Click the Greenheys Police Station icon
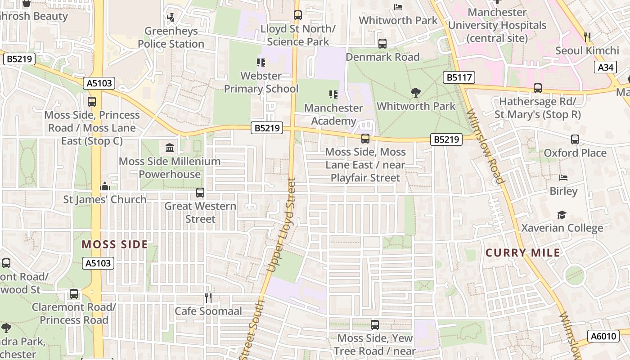[171, 18]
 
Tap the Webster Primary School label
[261, 82]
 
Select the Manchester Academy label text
[333, 115]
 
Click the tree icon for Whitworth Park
[416, 93]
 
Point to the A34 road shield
[605, 67]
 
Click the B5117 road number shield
[459, 77]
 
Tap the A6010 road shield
[603, 336]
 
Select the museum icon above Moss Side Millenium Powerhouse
[170, 148]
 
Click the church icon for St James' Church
[105, 186]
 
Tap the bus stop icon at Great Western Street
[200, 193]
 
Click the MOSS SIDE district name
[114, 244]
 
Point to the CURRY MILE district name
[523, 252]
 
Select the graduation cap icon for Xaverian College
[562, 215]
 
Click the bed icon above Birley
[563, 178]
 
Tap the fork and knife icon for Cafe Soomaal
[208, 297]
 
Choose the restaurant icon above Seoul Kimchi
[587, 37]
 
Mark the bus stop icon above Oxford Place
[575, 139]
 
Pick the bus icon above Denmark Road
[382, 44]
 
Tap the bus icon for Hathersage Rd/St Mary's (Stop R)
[537, 88]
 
